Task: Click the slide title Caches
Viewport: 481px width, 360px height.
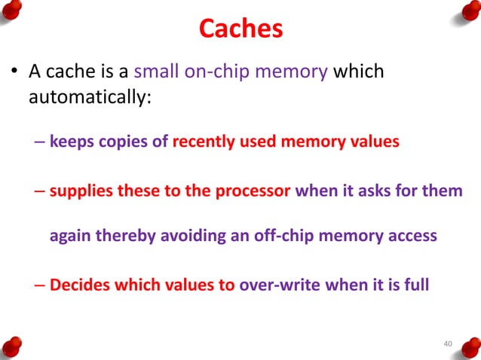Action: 240,29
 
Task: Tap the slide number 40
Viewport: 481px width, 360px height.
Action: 447,344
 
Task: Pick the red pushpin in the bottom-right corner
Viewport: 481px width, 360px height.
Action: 467,345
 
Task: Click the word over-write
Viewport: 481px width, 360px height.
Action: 278,285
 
